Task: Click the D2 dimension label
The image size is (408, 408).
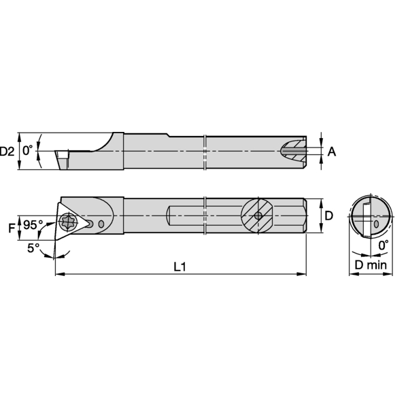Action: pyautogui.click(x=7, y=151)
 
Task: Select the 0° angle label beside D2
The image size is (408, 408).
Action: pyautogui.click(x=28, y=151)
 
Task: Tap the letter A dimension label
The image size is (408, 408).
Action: pyautogui.click(x=332, y=152)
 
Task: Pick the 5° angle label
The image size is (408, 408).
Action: pyautogui.click(x=33, y=248)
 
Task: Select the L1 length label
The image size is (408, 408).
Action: pyautogui.click(x=180, y=267)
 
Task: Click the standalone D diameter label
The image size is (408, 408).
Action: pyautogui.click(x=328, y=216)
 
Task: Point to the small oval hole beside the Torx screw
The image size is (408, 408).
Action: pyautogui.click(x=101, y=224)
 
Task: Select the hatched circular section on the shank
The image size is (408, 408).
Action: pyautogui.click(x=258, y=216)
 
